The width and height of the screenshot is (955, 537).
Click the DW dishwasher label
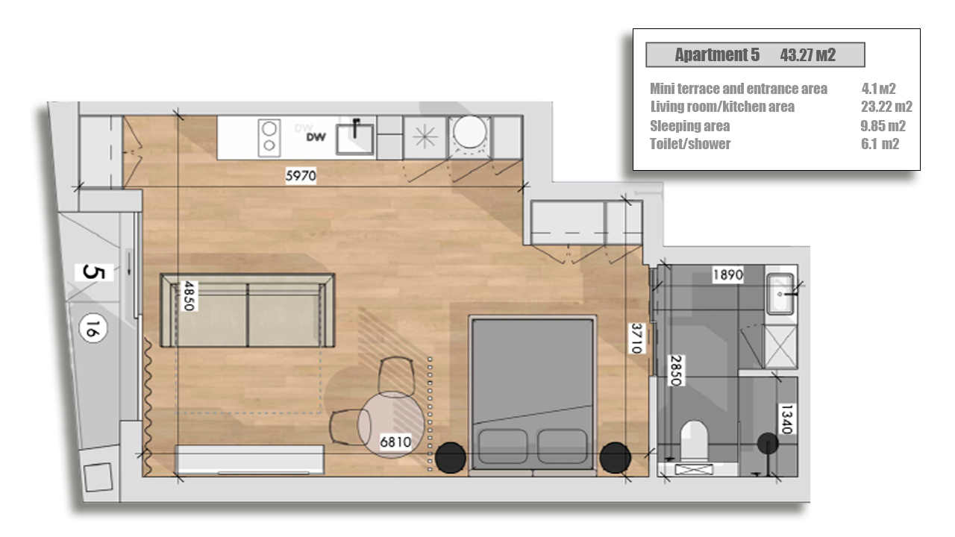point(316,136)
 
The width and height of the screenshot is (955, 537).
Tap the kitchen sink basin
point(354,138)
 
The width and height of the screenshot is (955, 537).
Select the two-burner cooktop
point(269,138)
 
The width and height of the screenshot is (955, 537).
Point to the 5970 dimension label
point(301,175)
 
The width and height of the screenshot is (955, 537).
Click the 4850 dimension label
point(190,296)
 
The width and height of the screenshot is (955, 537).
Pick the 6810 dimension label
point(395,442)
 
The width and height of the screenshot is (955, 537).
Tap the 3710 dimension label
point(636,339)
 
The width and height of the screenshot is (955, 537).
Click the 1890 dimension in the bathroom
point(728,274)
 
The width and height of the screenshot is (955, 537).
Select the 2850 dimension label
point(676,371)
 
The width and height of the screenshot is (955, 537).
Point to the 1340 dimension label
point(786,419)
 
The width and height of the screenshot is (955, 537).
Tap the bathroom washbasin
point(780,294)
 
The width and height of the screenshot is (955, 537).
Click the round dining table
point(391,424)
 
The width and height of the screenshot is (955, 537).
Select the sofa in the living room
point(247,310)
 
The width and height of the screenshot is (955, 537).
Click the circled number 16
point(93,328)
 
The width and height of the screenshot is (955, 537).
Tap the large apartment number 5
point(94,272)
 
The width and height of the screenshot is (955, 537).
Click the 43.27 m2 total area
point(807,55)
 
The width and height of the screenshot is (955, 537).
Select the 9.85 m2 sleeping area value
point(883,126)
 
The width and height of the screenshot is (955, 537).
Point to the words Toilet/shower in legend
point(690,144)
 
